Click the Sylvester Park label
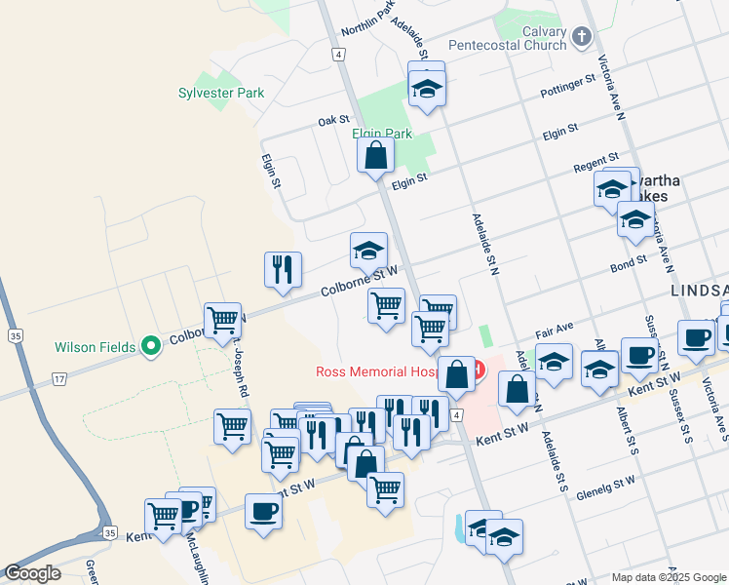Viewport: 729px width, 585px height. click(221, 94)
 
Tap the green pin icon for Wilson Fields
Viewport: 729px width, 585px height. click(150, 346)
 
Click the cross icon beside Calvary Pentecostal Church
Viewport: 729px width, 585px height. click(582, 38)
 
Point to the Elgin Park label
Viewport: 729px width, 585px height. click(382, 134)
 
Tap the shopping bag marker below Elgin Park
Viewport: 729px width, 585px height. click(375, 156)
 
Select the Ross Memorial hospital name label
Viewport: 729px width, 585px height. click(385, 371)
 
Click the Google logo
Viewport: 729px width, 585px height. click(31, 573)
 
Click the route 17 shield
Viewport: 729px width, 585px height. click(60, 378)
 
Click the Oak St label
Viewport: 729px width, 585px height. click(326, 121)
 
